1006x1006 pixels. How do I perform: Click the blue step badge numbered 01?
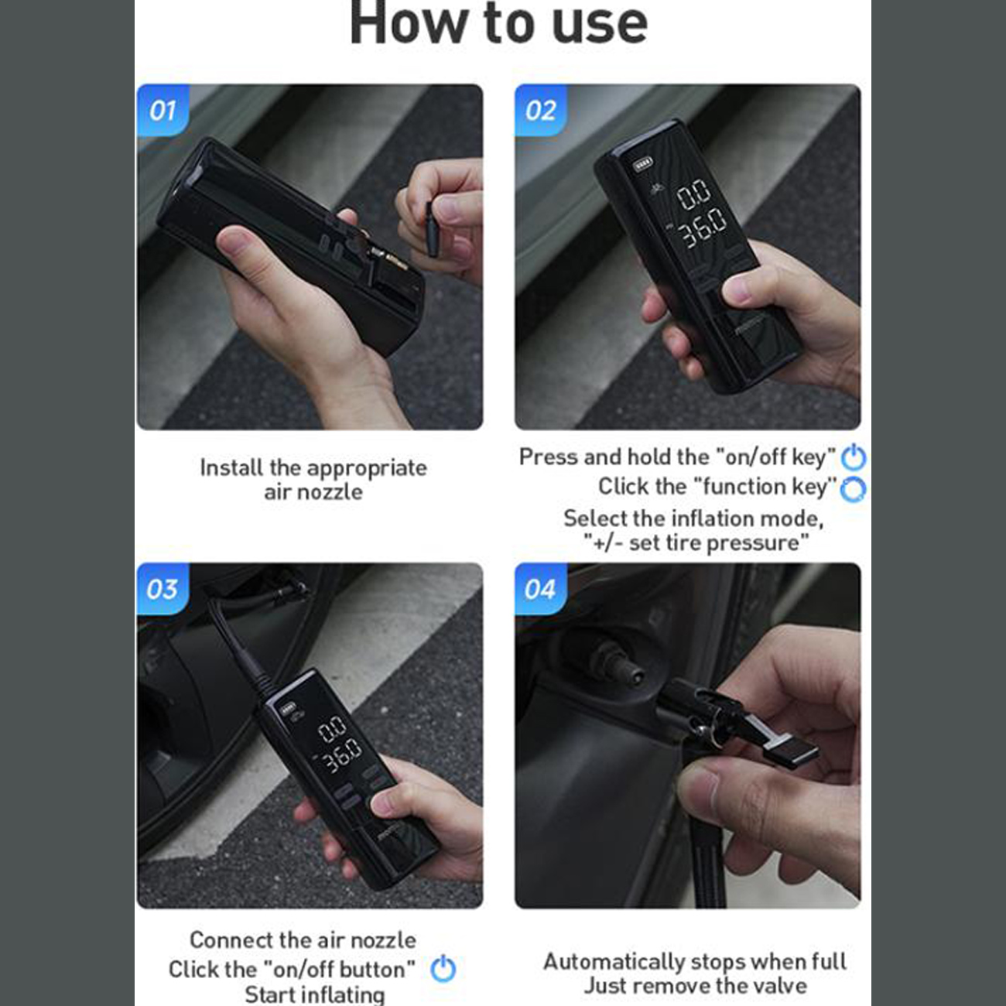pyautogui.click(x=163, y=110)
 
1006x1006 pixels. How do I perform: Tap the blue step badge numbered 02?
pyautogui.click(x=541, y=110)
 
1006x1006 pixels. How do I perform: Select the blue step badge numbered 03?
pyautogui.click(x=163, y=589)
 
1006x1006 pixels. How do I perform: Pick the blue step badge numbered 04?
pyautogui.click(x=541, y=589)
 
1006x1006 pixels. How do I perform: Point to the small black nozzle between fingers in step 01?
pyautogui.click(x=433, y=228)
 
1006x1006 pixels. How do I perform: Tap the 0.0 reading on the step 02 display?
pyautogui.click(x=694, y=195)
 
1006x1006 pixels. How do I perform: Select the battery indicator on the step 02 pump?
pyautogui.click(x=642, y=164)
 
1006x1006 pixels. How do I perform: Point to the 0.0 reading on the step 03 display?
pyautogui.click(x=333, y=729)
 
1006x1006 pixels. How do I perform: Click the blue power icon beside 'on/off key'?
pyautogui.click(x=854, y=457)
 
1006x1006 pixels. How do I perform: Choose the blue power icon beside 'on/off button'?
pyautogui.click(x=443, y=968)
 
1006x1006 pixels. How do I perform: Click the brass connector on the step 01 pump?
pyautogui.click(x=389, y=258)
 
